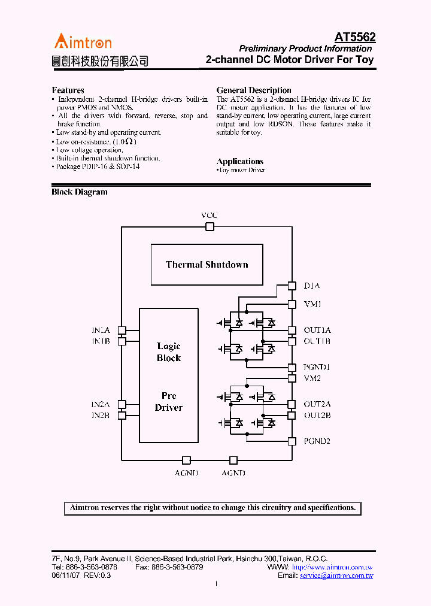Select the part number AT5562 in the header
pos(354,37)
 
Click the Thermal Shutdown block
pos(207,265)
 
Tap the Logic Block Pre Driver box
pos(169,375)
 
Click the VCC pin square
pos(210,226)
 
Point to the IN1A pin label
pos(101,330)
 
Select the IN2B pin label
pos(101,415)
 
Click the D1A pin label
pos(312,286)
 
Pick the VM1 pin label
pos(312,304)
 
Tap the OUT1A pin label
pos(317,330)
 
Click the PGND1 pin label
pos(317,367)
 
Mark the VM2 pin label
pos(312,378)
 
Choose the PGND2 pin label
pos(317,441)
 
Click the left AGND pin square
pos(186,460)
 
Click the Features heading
pos(68,90)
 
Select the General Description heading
pos(254,90)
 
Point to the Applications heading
pos(239,161)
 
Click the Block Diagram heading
pos(80,192)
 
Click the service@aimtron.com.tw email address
pos(336,575)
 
